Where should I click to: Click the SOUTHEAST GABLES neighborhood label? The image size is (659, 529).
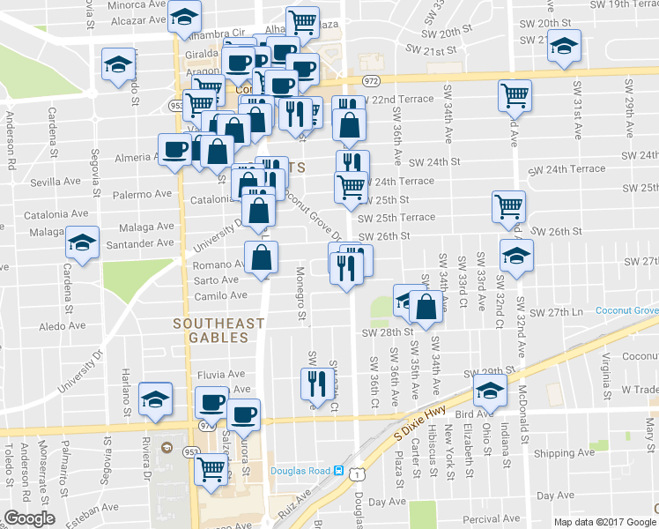pyautogui.click(x=218, y=324)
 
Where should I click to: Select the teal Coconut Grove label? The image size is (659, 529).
pyautogui.click(x=627, y=310)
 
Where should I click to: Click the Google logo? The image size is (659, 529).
pyautogui.click(x=29, y=518)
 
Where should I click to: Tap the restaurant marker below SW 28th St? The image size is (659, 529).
pyautogui.click(x=315, y=384)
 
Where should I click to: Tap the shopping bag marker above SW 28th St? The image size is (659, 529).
pyautogui.click(x=426, y=308)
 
